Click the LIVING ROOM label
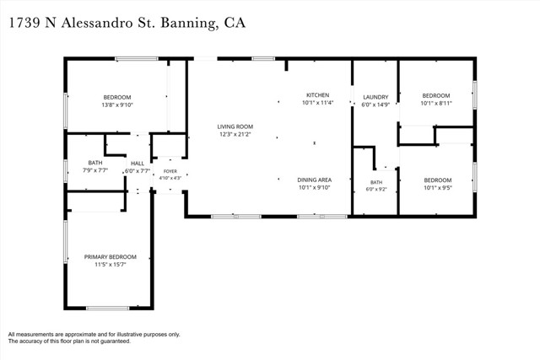(235, 126)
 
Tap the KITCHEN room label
(318, 95)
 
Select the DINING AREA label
(315, 180)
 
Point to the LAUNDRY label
(375, 97)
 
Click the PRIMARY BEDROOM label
(111, 257)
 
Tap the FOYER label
(170, 171)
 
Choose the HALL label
(138, 164)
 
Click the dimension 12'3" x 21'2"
(235, 134)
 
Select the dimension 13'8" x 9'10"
(117, 105)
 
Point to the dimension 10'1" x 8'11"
(436, 103)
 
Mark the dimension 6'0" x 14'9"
(375, 105)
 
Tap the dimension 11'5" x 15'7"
(111, 265)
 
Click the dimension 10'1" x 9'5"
(438, 188)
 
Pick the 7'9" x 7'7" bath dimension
(95, 170)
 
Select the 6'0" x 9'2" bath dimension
(376, 189)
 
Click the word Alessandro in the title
(98, 23)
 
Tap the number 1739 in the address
(24, 23)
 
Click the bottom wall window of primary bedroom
(107, 308)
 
